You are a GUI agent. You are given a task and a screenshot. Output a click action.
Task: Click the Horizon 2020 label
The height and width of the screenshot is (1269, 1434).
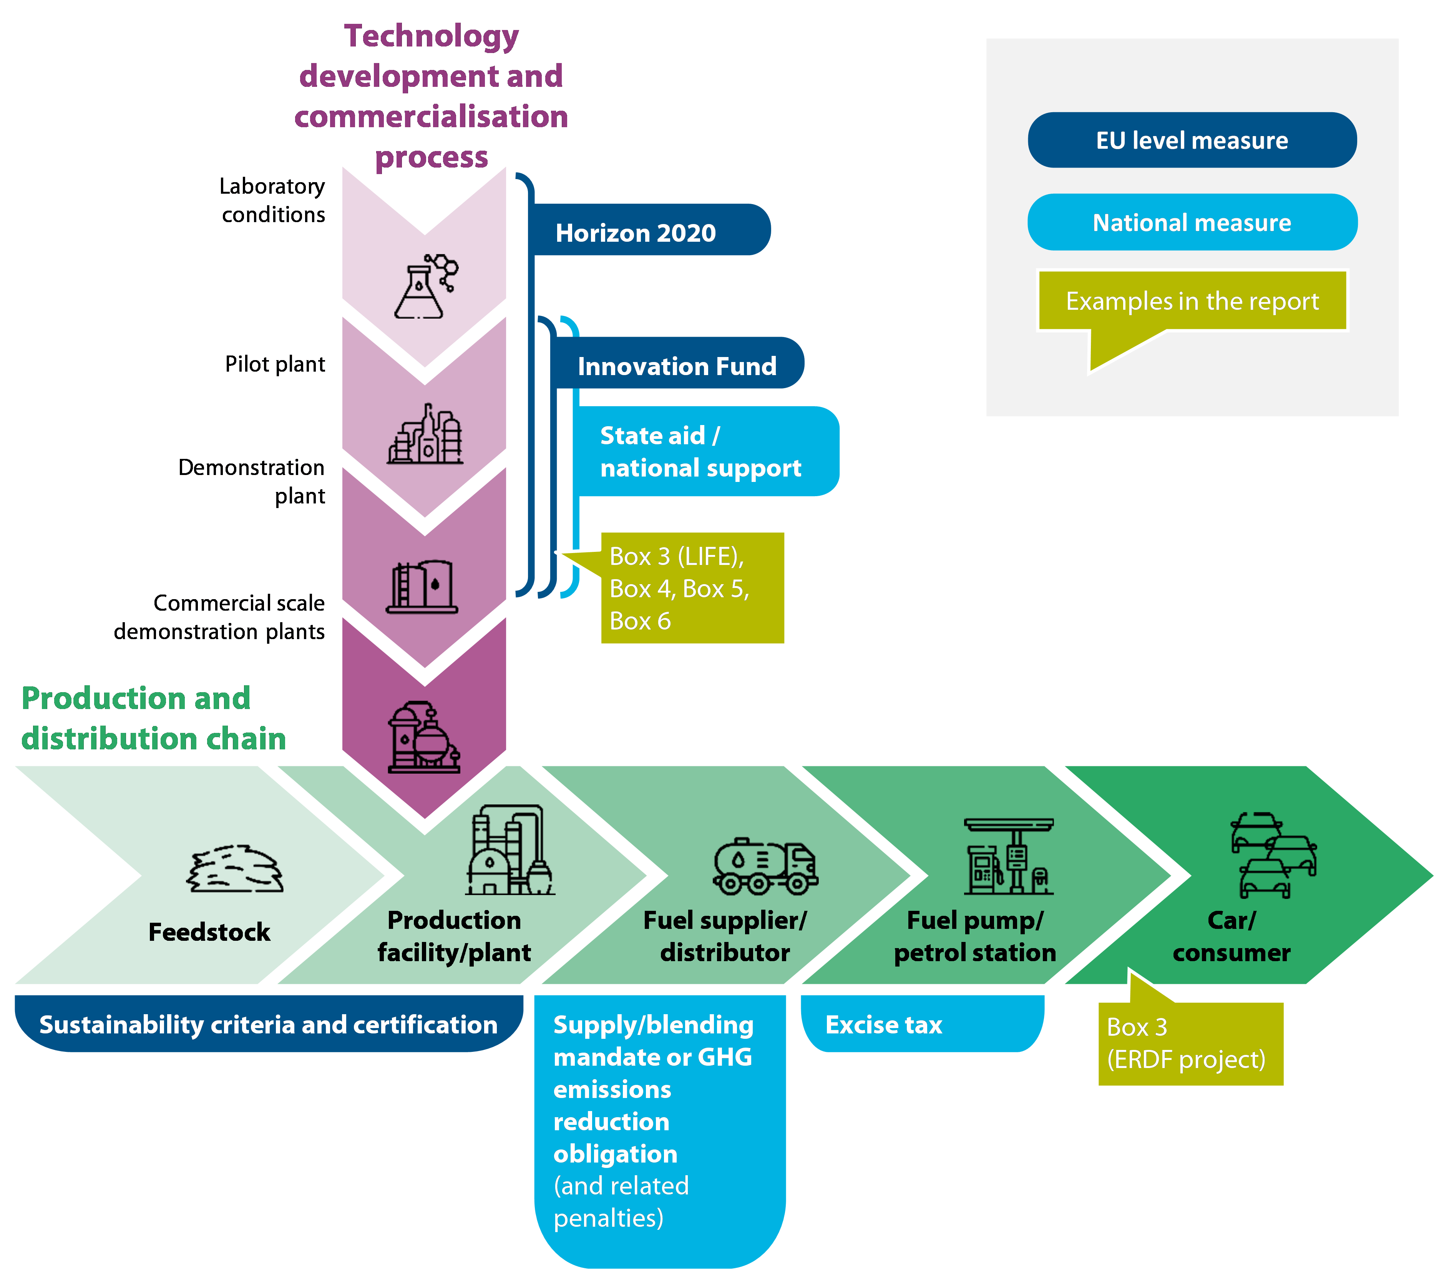636,233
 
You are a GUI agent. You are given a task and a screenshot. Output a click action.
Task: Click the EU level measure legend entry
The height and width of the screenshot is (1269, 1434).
1192,140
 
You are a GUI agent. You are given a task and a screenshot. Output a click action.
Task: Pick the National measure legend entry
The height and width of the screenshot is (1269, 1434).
1192,223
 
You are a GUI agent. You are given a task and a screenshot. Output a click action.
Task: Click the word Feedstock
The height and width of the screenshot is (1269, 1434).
209,932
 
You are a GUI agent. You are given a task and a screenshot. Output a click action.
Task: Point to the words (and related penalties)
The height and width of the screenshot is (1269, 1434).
621,1202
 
